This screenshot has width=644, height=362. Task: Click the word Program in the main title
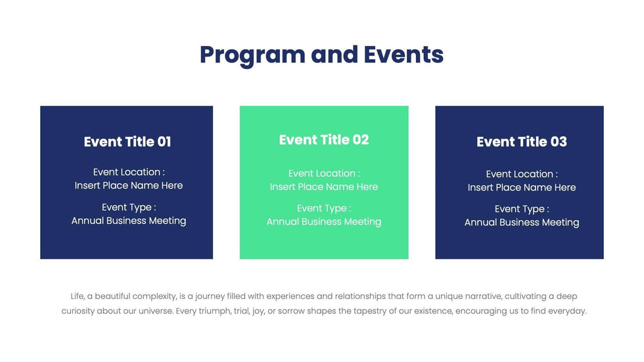coord(252,55)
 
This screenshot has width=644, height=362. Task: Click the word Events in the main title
coord(403,55)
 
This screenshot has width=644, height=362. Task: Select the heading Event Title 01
coord(127,142)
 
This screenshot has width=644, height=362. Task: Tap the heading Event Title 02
coord(324,140)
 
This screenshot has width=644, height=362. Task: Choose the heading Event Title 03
coord(521,142)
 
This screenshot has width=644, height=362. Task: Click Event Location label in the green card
coord(324,173)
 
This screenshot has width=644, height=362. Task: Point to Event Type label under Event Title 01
coord(129,208)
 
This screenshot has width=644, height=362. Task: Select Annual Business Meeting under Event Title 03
coord(522,223)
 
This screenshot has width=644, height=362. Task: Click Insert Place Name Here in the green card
coord(324,187)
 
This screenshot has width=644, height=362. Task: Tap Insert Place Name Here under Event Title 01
coord(129,186)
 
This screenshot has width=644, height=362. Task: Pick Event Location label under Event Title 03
coord(522,174)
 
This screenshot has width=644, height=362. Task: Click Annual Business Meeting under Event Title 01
coord(129,221)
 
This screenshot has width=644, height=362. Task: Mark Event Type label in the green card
coord(324,208)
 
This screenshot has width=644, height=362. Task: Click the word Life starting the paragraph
coord(78,297)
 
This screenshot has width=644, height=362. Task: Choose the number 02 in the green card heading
coord(361,140)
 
